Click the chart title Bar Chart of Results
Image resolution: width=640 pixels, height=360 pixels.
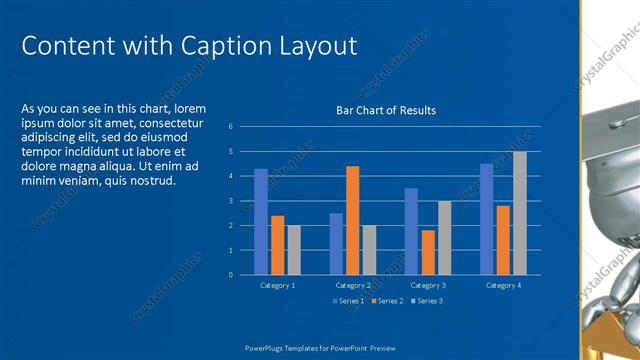pos(385,110)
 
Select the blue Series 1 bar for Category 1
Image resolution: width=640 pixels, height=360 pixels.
pos(261,221)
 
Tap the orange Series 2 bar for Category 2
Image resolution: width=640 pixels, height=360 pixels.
pos(352,220)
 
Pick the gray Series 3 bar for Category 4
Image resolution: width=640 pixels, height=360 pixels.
pos(520,213)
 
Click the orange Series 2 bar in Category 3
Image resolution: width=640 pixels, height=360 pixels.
pos(428,252)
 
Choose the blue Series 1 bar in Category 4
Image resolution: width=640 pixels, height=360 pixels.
pos(486,219)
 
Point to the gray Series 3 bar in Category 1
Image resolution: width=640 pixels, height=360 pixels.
pos(294,250)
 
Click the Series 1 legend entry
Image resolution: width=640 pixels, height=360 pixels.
pos(349,300)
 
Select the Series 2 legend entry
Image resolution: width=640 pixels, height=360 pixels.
pos(387,300)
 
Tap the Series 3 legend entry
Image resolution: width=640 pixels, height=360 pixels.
pos(426,300)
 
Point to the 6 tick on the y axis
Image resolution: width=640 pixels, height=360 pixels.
pos(230,127)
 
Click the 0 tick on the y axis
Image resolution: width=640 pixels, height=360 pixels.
pos(230,274)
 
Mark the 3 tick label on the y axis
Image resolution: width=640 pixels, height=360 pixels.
pos(230,201)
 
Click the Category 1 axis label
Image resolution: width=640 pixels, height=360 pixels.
pos(277,286)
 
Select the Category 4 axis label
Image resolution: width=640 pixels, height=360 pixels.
pos(503,286)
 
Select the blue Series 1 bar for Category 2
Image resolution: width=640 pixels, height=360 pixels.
pos(336,244)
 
